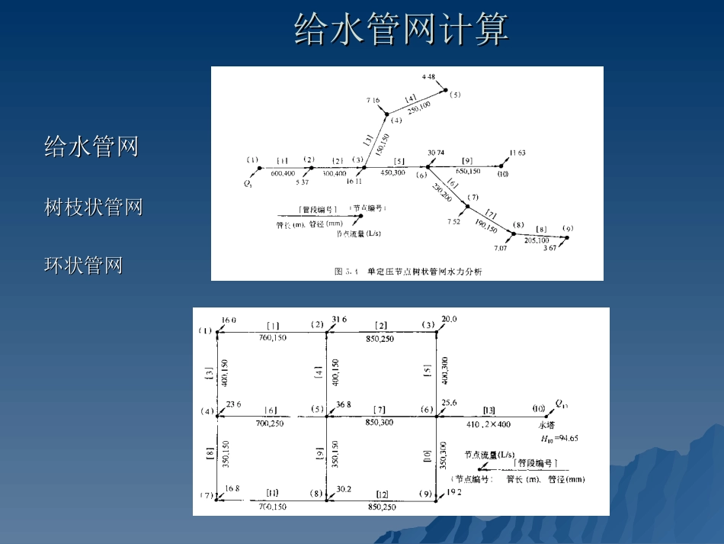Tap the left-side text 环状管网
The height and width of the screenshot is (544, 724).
pos(84,265)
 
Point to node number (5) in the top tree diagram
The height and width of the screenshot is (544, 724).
pos(455,95)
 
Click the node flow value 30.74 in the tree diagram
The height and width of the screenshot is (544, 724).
pos(436,153)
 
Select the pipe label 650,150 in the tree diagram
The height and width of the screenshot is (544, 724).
pos(468,171)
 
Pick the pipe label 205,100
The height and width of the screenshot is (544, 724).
pos(537,240)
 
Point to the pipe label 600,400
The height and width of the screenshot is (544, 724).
pos(283,173)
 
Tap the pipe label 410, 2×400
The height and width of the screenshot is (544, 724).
pos(489,424)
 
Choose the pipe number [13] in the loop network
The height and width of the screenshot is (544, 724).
pos(489,410)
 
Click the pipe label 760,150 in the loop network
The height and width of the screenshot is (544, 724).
pos(272,337)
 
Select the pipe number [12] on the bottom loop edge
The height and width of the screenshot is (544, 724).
pos(380,494)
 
